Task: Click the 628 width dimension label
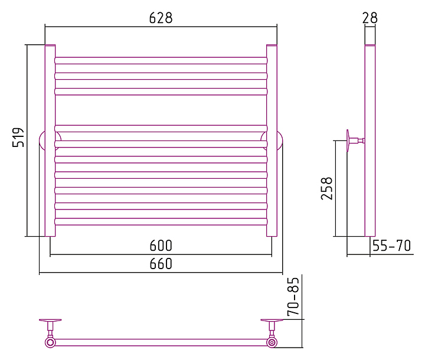point(161,18)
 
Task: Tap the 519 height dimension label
point(18,137)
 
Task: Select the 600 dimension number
point(161,246)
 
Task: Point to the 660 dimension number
point(161,263)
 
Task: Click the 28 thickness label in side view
point(370,18)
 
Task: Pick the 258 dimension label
point(326,189)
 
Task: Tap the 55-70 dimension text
point(392,246)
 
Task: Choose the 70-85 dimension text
point(293,297)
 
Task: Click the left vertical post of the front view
point(50,140)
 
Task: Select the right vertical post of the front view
point(272,140)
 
